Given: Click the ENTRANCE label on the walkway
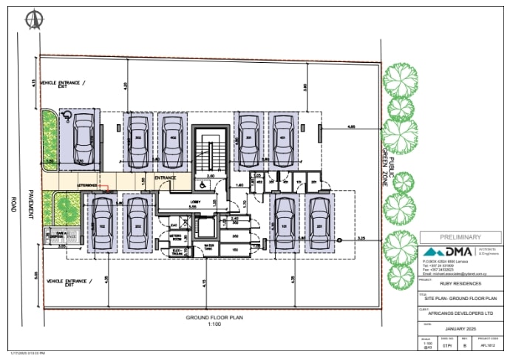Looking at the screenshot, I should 164,178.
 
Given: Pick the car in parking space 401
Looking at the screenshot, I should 282,141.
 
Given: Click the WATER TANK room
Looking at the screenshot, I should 209,247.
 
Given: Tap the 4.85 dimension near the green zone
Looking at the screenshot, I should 352,126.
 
